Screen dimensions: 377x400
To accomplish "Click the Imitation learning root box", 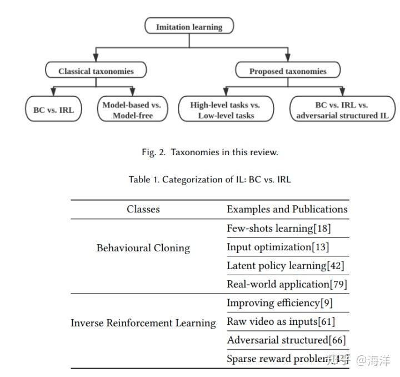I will click(189, 27).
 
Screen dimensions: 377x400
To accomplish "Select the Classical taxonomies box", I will click(96, 71).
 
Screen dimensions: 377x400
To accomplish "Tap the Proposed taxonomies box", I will click(288, 71).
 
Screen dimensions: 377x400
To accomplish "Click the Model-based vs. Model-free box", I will click(132, 110).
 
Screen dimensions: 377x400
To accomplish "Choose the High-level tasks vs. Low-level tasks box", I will click(226, 110).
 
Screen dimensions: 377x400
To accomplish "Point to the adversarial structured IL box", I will click(342, 110).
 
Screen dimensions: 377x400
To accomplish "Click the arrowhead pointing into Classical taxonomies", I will click(96, 58).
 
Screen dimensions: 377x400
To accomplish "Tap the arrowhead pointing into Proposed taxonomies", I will click(288, 58).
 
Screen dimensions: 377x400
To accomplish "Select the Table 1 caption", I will click(209, 179).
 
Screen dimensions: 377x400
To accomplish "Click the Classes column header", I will click(143, 209).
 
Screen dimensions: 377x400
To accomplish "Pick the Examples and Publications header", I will click(287, 209).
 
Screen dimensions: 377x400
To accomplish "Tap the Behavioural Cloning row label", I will click(143, 248).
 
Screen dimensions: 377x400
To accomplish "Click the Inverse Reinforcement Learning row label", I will click(143, 323).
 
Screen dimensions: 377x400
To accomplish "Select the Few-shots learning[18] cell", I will click(279, 229).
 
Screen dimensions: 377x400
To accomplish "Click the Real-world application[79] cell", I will click(287, 284).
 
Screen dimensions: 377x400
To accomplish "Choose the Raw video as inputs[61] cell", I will click(281, 321).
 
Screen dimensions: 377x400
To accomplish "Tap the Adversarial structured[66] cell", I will click(285, 340).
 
